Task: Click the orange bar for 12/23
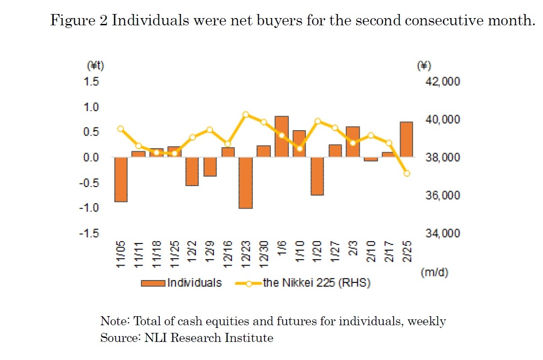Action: coord(246,182)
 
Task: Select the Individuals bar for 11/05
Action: coord(121,179)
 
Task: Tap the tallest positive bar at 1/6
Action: coord(282,137)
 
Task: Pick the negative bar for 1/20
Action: coord(317,176)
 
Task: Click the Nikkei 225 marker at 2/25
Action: coord(407,173)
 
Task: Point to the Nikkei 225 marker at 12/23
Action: coord(246,115)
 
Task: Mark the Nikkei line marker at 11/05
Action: coord(121,129)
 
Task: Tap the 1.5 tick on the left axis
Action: coord(93,82)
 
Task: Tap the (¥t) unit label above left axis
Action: coord(95,66)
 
